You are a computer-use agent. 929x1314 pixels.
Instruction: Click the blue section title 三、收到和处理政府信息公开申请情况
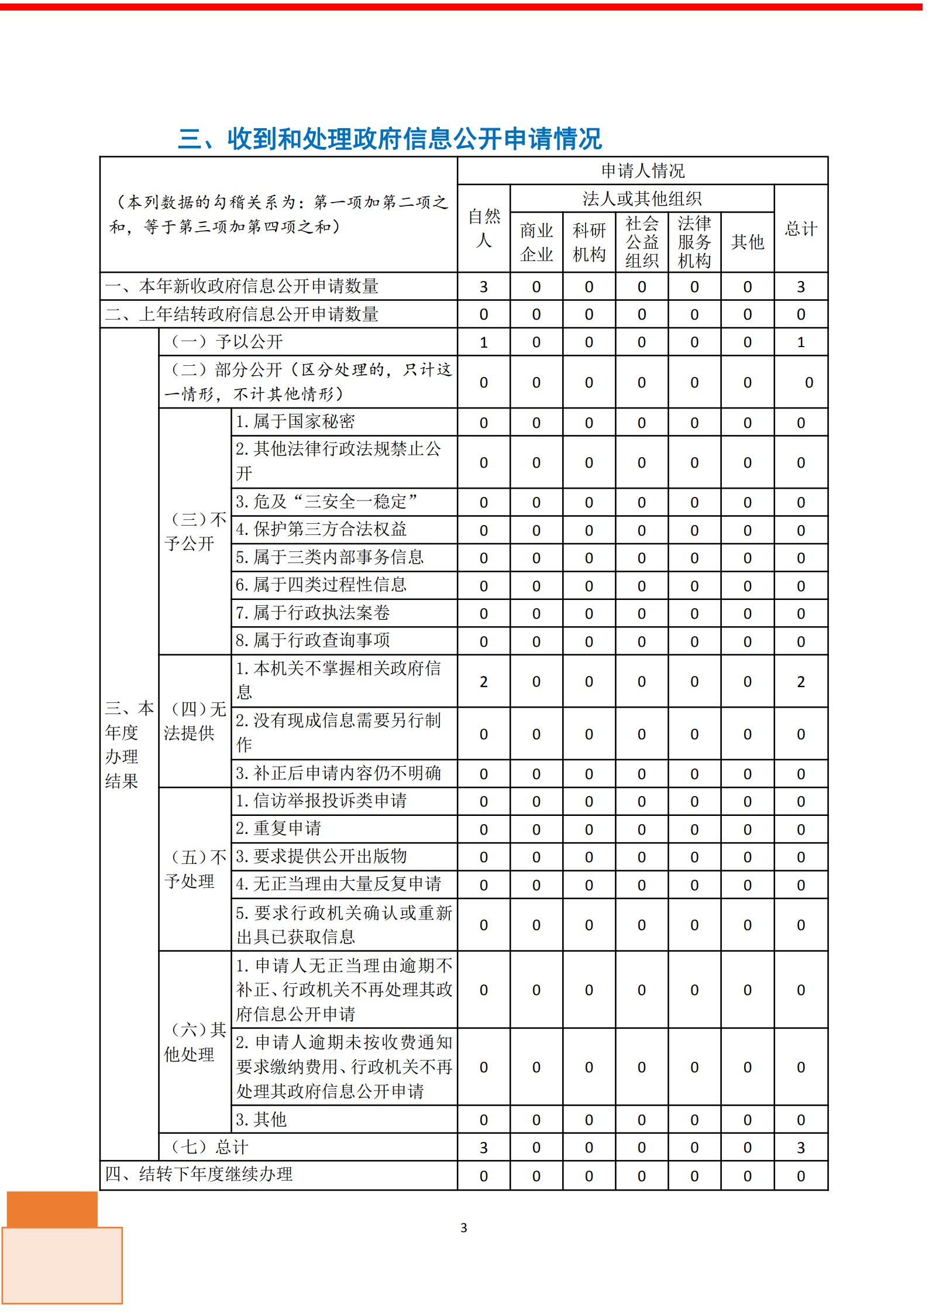(x=390, y=139)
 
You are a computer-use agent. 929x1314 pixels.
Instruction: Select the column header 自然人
(x=484, y=228)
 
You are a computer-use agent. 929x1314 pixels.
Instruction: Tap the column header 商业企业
(x=536, y=242)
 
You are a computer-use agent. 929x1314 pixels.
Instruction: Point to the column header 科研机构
(x=589, y=242)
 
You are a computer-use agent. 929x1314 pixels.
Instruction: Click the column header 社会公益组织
(x=642, y=242)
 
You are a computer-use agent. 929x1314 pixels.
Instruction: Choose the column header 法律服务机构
(x=694, y=242)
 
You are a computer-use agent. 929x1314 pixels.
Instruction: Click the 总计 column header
(x=800, y=228)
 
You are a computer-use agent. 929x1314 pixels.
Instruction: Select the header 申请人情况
(x=642, y=171)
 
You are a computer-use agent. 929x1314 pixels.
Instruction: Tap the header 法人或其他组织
(x=642, y=199)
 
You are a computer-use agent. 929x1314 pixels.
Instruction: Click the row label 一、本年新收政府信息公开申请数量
(x=242, y=286)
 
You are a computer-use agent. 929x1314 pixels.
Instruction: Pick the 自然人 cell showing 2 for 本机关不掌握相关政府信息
(x=484, y=681)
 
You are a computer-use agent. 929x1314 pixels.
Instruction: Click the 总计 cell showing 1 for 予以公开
(x=800, y=342)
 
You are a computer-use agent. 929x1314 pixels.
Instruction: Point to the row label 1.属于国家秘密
(x=295, y=421)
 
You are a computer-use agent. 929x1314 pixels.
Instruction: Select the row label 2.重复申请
(x=278, y=828)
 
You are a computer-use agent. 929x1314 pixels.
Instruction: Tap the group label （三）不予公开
(x=195, y=531)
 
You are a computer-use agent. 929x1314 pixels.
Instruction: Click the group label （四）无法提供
(x=195, y=721)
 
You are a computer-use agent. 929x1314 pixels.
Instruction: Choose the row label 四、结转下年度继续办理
(x=199, y=1174)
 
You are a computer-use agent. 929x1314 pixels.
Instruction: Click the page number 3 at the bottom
(x=464, y=1228)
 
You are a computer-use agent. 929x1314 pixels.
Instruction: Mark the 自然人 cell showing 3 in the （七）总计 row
(x=484, y=1147)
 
